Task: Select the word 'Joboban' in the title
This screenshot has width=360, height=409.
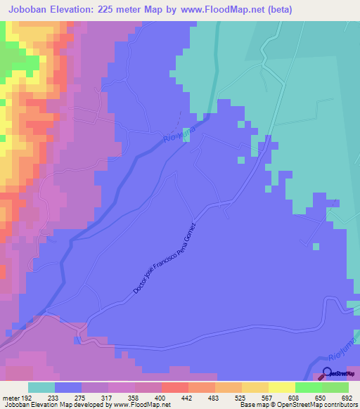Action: click(28, 10)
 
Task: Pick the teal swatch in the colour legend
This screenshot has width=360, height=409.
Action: click(41, 387)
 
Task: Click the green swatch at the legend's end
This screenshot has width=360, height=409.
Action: click(335, 387)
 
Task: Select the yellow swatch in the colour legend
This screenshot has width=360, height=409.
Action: click(282, 387)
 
